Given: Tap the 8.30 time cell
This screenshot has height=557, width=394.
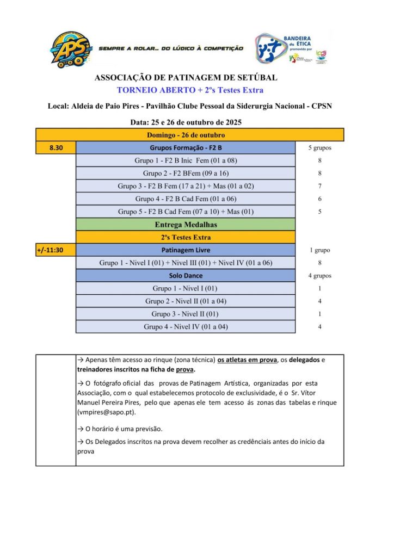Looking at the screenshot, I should [x=56, y=147].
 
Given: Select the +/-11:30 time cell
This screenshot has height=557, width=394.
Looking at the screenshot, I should [x=56, y=250].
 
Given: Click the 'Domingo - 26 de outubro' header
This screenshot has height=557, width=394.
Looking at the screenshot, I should [x=186, y=135].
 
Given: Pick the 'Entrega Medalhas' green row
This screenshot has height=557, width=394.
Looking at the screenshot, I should [x=186, y=224].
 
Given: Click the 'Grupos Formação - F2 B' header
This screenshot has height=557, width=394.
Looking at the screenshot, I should [x=186, y=147].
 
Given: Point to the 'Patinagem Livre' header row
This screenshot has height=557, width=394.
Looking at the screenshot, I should [x=186, y=250].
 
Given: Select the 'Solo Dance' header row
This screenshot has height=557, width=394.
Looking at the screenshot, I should [x=186, y=276].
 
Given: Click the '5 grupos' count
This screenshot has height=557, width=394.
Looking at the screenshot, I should [x=319, y=147].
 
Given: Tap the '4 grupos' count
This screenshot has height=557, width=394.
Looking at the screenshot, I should [x=319, y=276].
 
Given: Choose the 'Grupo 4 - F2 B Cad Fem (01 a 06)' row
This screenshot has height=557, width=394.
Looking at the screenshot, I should [x=186, y=199].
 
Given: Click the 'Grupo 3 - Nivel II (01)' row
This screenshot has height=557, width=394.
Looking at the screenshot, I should [x=186, y=314].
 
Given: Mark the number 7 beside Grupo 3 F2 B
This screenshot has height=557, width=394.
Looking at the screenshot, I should [x=319, y=186].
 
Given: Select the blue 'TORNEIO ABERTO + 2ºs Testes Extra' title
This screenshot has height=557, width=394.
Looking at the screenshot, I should [x=190, y=90].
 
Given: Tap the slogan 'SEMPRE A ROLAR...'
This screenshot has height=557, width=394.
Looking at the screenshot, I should [x=171, y=48].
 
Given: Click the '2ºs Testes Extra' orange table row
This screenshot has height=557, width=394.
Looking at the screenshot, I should [x=186, y=237].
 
